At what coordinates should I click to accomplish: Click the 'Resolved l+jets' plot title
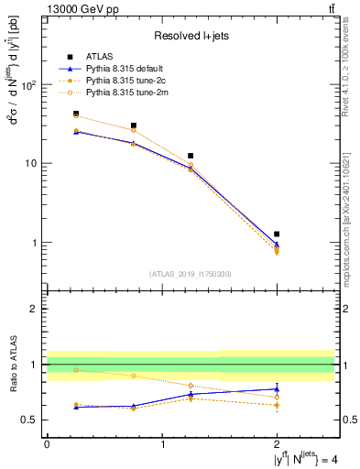click(191, 36)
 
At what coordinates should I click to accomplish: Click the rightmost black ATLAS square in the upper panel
click(277, 234)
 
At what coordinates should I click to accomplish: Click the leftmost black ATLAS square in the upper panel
click(76, 114)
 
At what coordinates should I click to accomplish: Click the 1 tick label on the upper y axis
click(36, 243)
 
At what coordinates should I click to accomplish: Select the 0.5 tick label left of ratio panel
click(31, 420)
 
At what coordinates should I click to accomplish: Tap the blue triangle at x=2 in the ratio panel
click(277, 389)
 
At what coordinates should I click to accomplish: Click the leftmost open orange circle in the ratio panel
click(76, 370)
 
